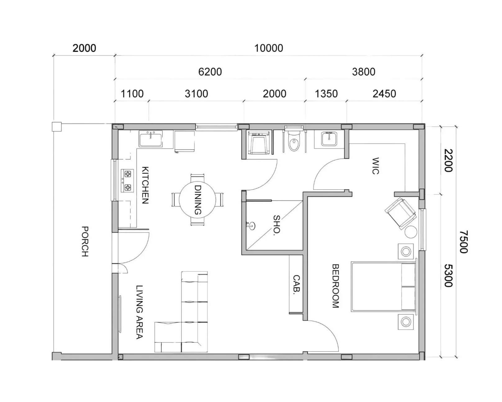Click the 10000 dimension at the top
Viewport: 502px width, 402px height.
[x=269, y=48]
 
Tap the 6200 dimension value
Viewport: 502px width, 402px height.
[x=210, y=72]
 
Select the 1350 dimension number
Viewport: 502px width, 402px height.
[x=326, y=94]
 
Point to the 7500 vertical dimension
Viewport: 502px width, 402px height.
[x=464, y=242]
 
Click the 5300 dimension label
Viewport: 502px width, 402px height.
[x=448, y=275]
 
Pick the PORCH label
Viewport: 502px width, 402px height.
[x=85, y=241]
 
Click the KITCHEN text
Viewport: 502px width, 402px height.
[x=145, y=185]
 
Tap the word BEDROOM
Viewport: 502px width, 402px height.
[x=335, y=286]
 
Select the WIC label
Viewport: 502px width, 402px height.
[x=375, y=166]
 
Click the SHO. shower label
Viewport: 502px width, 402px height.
[x=276, y=225]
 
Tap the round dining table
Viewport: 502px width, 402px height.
[x=197, y=200]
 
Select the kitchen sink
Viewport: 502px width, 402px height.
[x=151, y=139]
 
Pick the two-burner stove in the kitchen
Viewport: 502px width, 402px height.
[x=127, y=181]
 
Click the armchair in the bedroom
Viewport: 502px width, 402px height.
[x=400, y=213]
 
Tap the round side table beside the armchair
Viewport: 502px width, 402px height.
[x=410, y=232]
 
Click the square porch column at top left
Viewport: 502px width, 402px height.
[x=57, y=127]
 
